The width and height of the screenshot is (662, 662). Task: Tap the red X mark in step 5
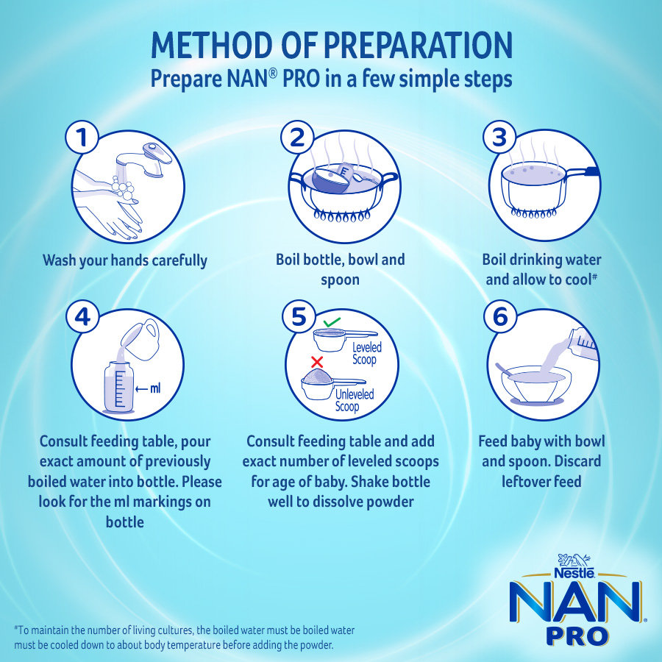point(318,361)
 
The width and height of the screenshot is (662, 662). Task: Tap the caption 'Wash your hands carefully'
point(125,260)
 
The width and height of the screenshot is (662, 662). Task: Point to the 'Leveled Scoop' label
point(366,354)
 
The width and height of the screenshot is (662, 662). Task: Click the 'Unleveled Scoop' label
point(355,401)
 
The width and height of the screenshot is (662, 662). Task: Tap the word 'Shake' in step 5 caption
point(376,483)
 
